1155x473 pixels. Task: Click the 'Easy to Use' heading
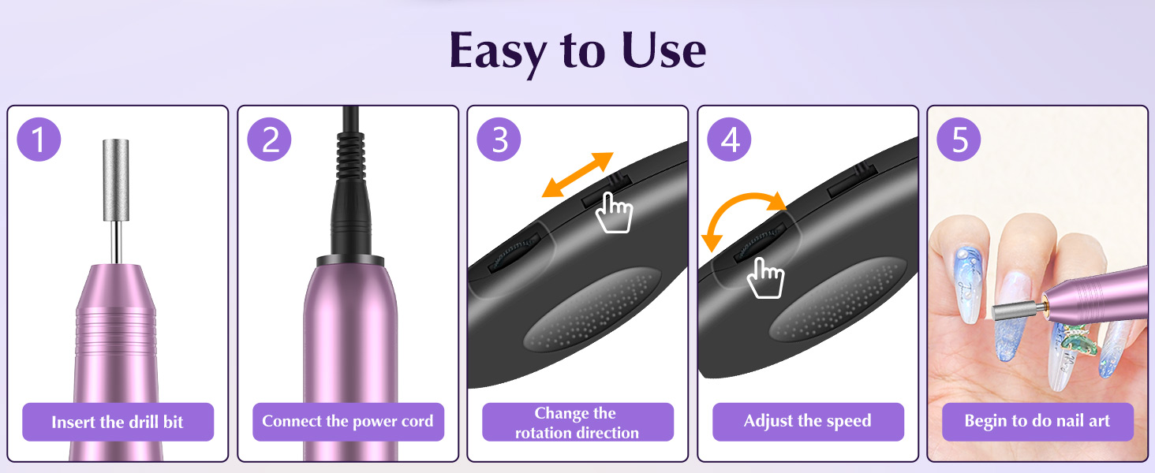[x=577, y=50]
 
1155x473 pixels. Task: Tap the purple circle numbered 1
[x=39, y=139]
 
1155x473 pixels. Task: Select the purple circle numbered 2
[x=269, y=139]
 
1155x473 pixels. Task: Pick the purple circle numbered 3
[x=499, y=139]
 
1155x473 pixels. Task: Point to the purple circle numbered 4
[x=729, y=139]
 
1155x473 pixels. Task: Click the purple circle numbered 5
[x=959, y=139]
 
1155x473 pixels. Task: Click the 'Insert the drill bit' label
[x=118, y=422]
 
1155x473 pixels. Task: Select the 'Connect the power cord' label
[x=348, y=422]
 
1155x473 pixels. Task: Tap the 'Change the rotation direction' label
[x=577, y=423]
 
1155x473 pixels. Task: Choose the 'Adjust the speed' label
[x=808, y=422]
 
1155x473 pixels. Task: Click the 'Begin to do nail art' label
[x=1037, y=422]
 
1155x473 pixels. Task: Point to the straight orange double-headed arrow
[x=577, y=175]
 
